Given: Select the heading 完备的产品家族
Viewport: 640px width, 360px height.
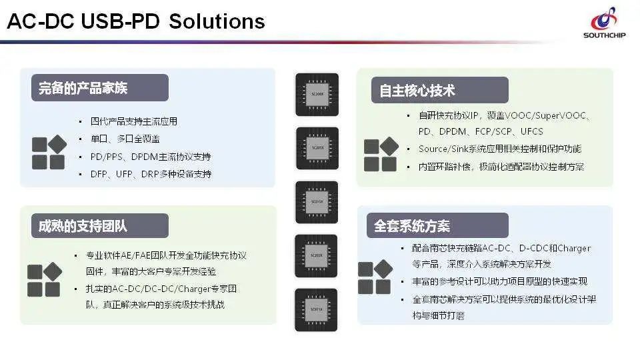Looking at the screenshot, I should (83, 88).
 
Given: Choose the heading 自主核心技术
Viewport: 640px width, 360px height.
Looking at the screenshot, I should (418, 90).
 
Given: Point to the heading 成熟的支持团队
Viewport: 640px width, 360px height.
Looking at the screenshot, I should (83, 225).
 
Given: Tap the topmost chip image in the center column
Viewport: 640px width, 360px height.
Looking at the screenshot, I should (317, 95).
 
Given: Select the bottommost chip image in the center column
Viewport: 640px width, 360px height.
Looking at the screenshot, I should (317, 310).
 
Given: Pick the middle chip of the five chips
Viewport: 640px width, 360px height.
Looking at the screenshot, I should (317, 202).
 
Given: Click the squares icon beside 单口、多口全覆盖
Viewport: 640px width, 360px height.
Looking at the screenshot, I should (49, 152).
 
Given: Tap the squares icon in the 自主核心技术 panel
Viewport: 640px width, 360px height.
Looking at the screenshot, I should (381, 155).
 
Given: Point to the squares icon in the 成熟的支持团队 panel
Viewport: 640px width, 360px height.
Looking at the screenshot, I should (45, 279).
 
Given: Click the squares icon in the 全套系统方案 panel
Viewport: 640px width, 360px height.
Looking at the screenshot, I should (375, 277).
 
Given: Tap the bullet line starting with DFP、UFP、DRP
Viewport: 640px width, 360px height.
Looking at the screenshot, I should (151, 174).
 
